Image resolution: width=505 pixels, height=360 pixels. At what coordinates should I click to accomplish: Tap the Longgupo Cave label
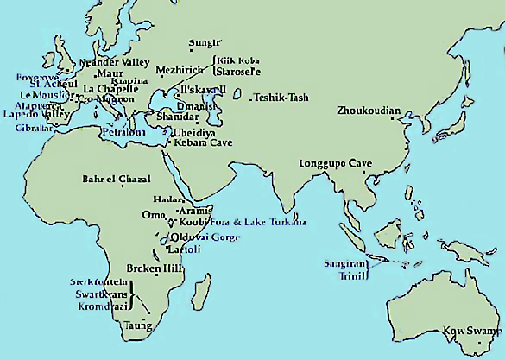[x=335, y=163]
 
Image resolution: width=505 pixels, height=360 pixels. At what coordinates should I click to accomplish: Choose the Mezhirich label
[x=180, y=70]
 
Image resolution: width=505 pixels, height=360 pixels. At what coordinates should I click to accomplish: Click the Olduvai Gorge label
[x=205, y=237]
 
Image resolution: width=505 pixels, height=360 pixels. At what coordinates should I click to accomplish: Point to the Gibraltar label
[x=33, y=128]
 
